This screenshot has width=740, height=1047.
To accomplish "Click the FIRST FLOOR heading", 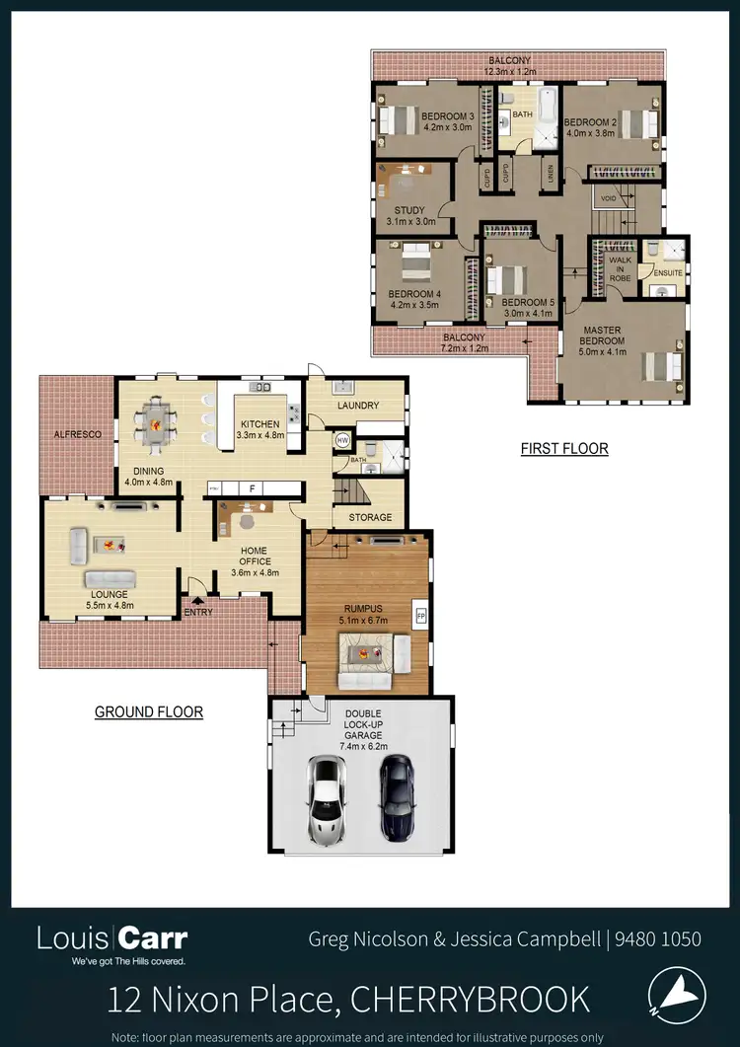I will (x=564, y=449).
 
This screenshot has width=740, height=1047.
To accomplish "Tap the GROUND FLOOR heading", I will (x=149, y=711).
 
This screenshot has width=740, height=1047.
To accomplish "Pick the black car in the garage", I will (x=396, y=796).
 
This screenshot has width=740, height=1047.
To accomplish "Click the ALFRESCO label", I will (x=73, y=434).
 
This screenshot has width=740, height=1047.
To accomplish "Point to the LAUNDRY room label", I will (x=356, y=406).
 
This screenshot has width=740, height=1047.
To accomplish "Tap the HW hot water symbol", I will (x=342, y=440).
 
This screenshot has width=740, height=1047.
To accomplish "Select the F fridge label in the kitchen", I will (x=253, y=488).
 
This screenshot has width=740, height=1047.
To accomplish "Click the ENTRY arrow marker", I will (x=198, y=598).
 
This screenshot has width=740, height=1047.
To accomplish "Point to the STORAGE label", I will (x=370, y=517).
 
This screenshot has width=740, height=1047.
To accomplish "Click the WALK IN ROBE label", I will (x=620, y=268).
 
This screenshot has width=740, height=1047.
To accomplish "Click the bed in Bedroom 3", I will (x=400, y=120).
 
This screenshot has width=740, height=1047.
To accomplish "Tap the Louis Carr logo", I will (x=111, y=938).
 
